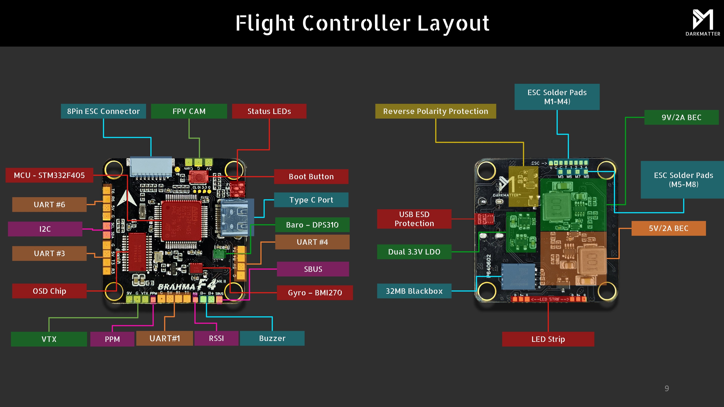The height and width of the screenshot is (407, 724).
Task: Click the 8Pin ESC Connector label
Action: tap(103, 111)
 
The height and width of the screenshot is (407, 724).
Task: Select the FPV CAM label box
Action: tap(189, 111)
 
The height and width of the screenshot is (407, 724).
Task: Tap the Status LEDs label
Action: tap(269, 111)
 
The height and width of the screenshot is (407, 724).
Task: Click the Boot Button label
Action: tap(311, 177)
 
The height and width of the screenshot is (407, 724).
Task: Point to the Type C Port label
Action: tap(311, 200)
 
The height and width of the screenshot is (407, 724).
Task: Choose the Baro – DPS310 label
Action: tap(312, 225)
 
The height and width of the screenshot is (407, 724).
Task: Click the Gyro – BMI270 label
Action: tap(315, 293)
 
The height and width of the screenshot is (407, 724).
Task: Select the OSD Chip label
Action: tap(49, 291)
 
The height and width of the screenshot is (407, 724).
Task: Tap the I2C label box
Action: tap(45, 229)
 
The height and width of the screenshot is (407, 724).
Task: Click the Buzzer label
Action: tap(272, 338)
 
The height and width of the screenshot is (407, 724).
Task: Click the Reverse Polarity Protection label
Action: tap(436, 111)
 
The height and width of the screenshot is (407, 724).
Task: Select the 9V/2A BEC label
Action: tap(681, 117)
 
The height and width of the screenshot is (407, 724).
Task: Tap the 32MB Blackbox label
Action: tap(414, 291)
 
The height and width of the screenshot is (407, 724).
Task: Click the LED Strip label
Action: tap(548, 339)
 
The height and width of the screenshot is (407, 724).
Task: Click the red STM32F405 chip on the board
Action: tap(181, 220)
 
